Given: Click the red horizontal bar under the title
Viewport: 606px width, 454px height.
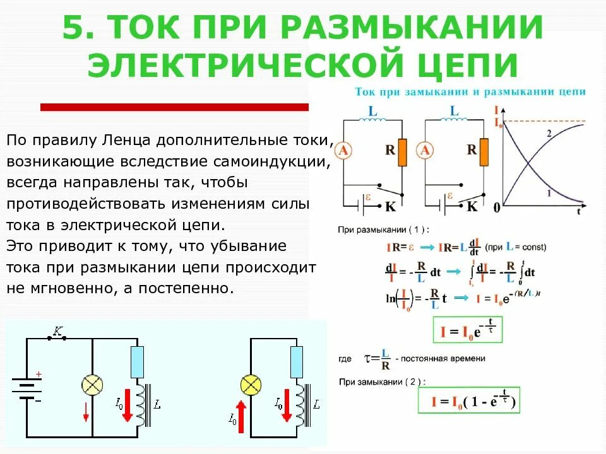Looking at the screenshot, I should click(x=174, y=107).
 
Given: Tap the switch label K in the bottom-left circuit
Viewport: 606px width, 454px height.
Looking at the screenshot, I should click(x=58, y=330).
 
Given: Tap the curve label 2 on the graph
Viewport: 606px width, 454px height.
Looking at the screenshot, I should click(x=549, y=134).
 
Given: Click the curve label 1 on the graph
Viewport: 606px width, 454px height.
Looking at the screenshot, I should click(x=549, y=194).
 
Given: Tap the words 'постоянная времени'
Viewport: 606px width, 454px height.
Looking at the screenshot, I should click(x=446, y=359).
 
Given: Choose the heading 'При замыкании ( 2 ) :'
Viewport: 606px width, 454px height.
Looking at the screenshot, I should click(x=383, y=381).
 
